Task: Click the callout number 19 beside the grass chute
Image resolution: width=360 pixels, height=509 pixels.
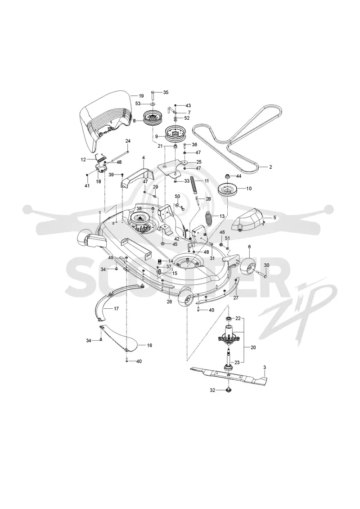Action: [x=141, y=96]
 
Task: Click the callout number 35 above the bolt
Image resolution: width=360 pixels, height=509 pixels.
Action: [x=166, y=92]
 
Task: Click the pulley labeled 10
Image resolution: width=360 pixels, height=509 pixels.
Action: [x=228, y=189]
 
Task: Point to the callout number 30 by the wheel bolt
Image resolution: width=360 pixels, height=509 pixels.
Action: [x=266, y=265]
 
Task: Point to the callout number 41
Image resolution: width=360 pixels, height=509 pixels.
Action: [x=87, y=186]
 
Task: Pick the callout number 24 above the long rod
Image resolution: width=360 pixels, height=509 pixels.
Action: [x=128, y=141]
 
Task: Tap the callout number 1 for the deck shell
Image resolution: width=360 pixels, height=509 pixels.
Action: [x=99, y=212]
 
